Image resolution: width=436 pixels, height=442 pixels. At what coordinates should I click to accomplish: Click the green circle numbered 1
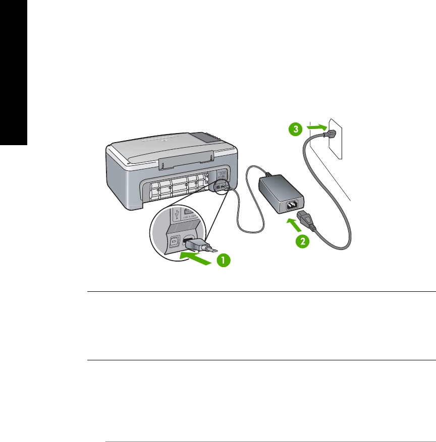[x=224, y=260]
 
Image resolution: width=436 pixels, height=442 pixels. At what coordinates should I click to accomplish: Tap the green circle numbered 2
[x=302, y=241]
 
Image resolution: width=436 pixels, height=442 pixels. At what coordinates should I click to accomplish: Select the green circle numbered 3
[x=296, y=129]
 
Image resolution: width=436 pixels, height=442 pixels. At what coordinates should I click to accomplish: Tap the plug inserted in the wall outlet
[x=329, y=133]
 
